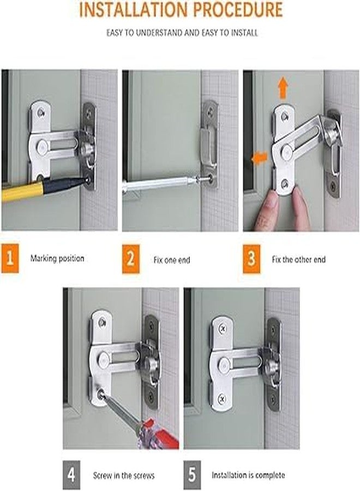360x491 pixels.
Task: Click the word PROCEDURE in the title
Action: coord(241,10)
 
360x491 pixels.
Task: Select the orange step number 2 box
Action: coord(130,258)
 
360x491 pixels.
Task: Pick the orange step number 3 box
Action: coord(251,258)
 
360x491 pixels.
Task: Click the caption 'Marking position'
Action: coord(57,259)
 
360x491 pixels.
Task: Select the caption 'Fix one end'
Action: coord(171,260)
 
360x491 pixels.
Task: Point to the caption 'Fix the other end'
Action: coord(298,260)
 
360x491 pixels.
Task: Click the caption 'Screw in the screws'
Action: coord(123,476)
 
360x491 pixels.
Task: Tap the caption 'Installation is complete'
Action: coord(248,476)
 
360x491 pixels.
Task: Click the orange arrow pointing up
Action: coord(282,87)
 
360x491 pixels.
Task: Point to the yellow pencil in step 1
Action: coord(22,191)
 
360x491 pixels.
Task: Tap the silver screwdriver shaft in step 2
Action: coord(158,183)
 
